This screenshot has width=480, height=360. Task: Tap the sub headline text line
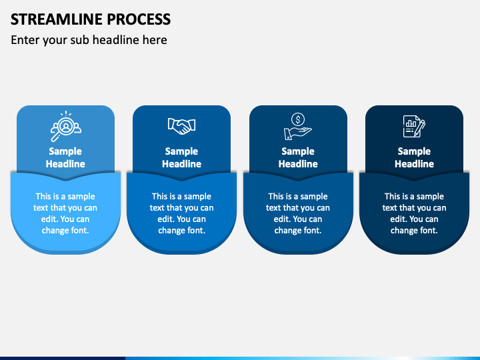click(x=89, y=40)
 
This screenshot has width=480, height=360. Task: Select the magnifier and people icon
click(x=65, y=125)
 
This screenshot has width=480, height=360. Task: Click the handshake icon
click(x=181, y=125)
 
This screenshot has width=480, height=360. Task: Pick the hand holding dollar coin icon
click(x=298, y=125)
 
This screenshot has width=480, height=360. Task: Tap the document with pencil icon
click(x=414, y=125)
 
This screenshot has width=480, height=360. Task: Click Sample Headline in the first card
click(x=65, y=157)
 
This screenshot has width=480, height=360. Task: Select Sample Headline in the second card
click(x=181, y=157)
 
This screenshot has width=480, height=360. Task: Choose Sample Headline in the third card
click(x=298, y=157)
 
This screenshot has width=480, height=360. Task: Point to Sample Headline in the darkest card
click(x=414, y=157)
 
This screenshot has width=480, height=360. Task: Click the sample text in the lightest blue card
click(x=65, y=213)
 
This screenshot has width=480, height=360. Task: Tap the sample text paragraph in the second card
click(x=181, y=213)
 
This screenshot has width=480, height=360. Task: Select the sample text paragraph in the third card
click(x=298, y=213)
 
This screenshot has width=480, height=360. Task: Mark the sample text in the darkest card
click(x=414, y=213)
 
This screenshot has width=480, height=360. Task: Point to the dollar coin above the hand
click(x=299, y=119)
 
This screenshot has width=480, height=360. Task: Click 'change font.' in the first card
click(x=65, y=231)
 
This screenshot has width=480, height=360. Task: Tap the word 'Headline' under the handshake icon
click(x=181, y=164)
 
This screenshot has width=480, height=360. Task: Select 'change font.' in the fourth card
click(x=414, y=231)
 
